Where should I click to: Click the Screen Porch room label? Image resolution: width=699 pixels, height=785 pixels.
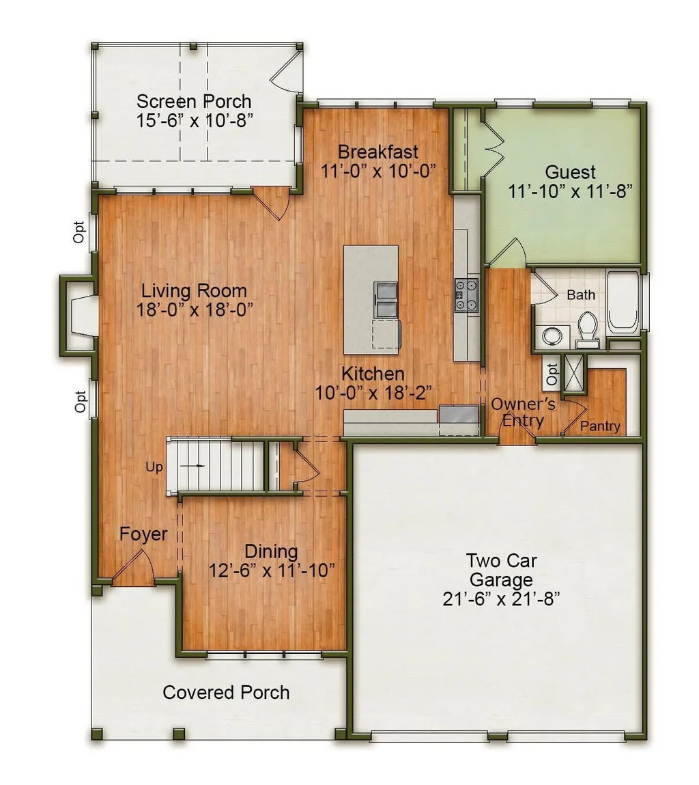pyautogui.click(x=194, y=102)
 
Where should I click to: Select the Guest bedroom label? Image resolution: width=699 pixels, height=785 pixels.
pyautogui.click(x=570, y=172)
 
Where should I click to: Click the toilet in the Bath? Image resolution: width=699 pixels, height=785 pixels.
pyautogui.click(x=587, y=326)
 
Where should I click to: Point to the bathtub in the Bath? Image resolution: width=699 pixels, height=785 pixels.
pyautogui.click(x=623, y=303)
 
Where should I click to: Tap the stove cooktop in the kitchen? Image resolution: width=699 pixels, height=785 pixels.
pyautogui.click(x=467, y=296)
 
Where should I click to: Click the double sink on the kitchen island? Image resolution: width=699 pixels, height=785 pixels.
pyautogui.click(x=386, y=299)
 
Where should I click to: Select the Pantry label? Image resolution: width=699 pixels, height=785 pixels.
pyautogui.click(x=601, y=427)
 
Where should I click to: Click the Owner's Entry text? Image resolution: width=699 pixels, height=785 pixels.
pyautogui.click(x=523, y=412)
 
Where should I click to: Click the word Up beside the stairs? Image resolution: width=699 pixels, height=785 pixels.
pyautogui.click(x=154, y=467)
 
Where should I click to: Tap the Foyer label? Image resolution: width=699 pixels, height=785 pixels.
pyautogui.click(x=143, y=534)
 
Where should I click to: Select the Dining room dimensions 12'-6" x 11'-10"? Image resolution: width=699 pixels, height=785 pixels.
pyautogui.click(x=271, y=570)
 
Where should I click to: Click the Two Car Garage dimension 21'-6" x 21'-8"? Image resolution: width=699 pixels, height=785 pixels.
pyautogui.click(x=501, y=599)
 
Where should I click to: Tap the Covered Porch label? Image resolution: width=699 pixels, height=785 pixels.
pyautogui.click(x=226, y=692)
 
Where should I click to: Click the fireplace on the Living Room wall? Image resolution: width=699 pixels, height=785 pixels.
pyautogui.click(x=79, y=315)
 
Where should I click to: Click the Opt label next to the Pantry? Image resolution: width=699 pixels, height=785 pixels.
pyautogui.click(x=552, y=373)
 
